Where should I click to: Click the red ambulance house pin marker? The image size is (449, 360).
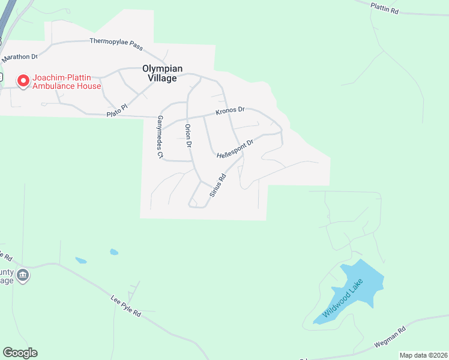point(23,80)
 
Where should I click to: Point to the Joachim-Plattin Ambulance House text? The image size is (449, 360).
point(67,82)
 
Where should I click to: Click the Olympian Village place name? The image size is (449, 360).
point(162,73)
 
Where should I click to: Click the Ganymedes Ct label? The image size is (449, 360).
point(160,137)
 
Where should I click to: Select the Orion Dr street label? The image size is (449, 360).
point(188,136)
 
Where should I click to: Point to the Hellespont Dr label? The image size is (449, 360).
point(235,148)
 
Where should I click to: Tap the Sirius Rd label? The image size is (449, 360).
point(217,185)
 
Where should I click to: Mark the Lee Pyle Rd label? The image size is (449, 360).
point(125,305)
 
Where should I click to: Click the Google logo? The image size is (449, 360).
point(20,353)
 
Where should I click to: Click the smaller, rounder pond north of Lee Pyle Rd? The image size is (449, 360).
point(113,252)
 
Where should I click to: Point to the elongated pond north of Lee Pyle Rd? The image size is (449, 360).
point(81,260)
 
